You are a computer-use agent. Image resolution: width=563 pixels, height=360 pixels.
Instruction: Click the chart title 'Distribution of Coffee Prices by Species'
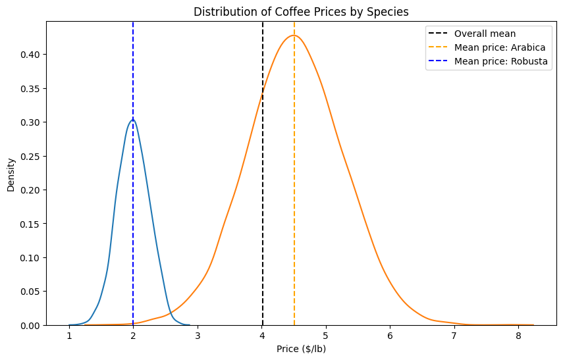301,12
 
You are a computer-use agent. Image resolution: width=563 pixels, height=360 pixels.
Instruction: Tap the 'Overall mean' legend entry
471,34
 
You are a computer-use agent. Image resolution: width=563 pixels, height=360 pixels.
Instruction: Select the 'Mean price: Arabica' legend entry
487,47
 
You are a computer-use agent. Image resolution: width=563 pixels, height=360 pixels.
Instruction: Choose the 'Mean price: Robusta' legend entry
487,61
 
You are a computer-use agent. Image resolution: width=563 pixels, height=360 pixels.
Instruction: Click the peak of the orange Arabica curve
294,35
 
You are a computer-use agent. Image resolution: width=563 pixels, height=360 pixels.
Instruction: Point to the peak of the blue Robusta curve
133,120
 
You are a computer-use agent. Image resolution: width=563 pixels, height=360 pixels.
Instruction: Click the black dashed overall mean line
263,173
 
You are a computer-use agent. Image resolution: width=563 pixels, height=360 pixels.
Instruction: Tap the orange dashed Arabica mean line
294,173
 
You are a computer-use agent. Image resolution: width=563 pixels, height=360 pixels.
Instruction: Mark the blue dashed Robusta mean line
133,173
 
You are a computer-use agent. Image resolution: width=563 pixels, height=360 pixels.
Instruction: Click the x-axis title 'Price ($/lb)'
301,349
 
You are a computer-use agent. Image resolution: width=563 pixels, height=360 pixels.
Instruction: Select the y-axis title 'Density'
11,175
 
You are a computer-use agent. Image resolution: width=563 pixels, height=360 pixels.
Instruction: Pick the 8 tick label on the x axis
518,336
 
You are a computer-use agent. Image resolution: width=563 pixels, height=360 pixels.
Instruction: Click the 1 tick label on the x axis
69,336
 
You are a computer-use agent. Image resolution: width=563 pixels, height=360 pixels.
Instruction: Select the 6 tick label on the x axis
390,336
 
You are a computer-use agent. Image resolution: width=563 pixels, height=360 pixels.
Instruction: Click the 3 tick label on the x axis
198,336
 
